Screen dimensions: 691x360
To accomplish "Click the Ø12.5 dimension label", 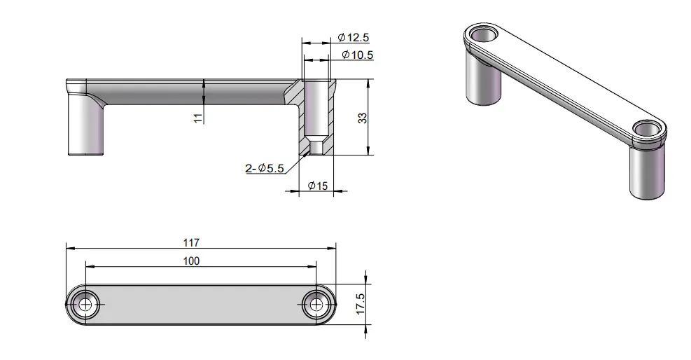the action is (354, 37).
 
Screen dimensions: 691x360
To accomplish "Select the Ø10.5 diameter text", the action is (357, 55).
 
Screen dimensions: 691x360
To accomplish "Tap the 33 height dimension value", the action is (362, 118).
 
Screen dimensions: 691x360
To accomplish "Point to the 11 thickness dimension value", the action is (198, 118).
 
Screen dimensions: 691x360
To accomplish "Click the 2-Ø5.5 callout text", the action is (265, 168).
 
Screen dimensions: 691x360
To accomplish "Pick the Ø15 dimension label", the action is (318, 186).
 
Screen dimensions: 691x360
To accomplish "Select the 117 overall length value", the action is (191, 242).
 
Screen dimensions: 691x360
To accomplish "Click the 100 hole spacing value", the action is (191, 261).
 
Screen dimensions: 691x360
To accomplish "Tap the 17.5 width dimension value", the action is (361, 304).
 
